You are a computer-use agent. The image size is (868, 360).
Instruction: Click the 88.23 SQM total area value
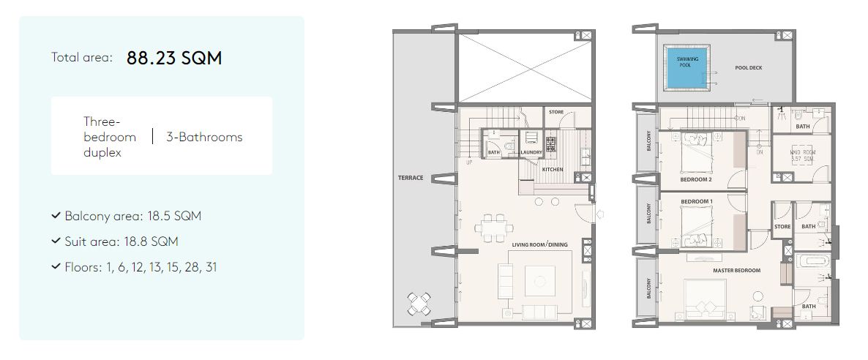click(174, 59)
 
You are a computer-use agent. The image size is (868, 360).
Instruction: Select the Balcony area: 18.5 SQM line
click(132, 217)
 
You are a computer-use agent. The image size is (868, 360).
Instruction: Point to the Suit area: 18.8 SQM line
click(121, 241)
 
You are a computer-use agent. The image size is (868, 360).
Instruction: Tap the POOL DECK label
click(748, 68)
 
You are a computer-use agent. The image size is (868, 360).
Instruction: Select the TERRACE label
click(411, 178)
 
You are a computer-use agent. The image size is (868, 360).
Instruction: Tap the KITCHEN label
click(553, 169)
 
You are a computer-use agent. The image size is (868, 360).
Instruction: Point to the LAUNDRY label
click(531, 153)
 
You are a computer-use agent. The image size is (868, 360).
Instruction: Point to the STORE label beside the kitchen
click(556, 112)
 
